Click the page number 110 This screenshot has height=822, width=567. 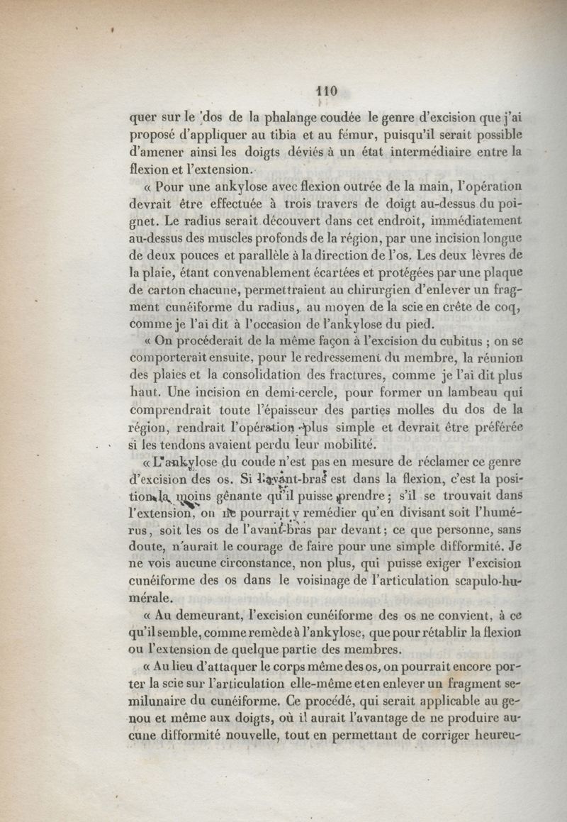[x=325, y=91]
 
